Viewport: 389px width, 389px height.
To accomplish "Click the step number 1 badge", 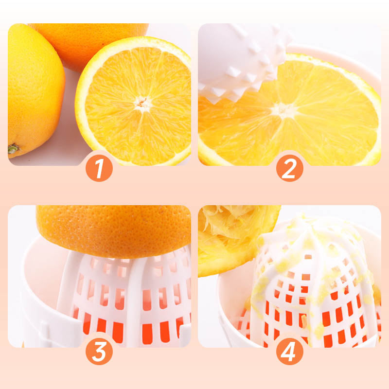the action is pyautogui.click(x=99, y=168).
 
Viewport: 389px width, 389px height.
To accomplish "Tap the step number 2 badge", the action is pyautogui.click(x=289, y=168).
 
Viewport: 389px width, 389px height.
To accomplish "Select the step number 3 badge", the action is pyautogui.click(x=99, y=351).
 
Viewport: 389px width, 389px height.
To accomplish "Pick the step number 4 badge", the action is pyautogui.click(x=289, y=351).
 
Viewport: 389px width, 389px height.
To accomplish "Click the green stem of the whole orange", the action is pyautogui.click(x=13, y=149).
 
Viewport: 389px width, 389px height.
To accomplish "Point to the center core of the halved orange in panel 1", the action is pyautogui.click(x=142, y=103).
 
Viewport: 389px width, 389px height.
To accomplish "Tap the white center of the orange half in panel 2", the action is pyautogui.click(x=283, y=110).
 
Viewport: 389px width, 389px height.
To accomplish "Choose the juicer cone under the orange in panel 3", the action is pyautogui.click(x=126, y=298).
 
